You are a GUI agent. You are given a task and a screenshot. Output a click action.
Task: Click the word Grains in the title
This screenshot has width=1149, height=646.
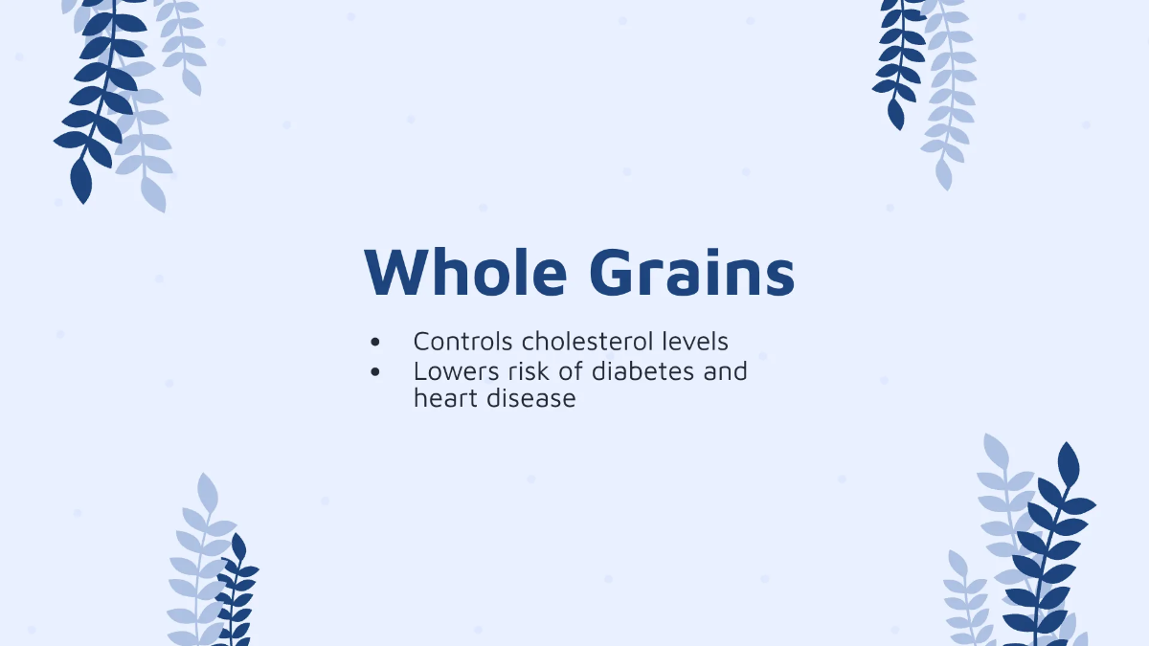point(691,272)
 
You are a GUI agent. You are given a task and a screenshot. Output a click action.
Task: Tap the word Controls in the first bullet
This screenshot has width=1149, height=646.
point(463,341)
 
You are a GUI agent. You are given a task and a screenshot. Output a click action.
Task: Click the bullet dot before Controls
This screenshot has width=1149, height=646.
point(374,342)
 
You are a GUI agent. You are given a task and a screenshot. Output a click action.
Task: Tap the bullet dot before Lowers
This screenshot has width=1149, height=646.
point(374,371)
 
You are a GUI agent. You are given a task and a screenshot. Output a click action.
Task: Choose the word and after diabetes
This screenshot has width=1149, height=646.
point(725,370)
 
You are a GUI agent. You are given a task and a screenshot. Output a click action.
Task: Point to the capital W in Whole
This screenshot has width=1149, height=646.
point(394,272)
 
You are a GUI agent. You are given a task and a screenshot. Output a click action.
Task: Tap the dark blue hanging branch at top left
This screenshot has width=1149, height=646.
point(96,96)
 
